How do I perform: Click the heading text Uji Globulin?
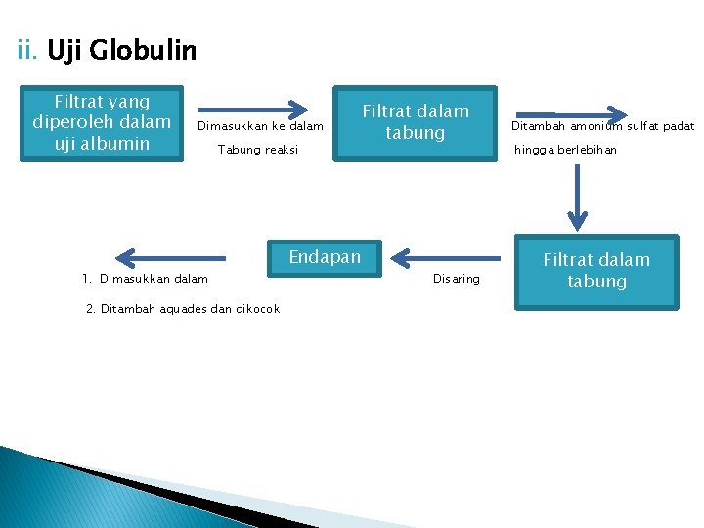coord(121,50)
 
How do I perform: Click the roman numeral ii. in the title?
coord(28,50)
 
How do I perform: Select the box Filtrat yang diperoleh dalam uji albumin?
coord(102,122)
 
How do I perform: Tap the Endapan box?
coord(325,258)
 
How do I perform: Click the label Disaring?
coord(457,280)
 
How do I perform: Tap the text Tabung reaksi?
coord(257,150)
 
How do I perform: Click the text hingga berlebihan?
coord(566,150)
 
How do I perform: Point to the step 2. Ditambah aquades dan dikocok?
coord(183,309)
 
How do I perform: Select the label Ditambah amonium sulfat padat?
coord(602,126)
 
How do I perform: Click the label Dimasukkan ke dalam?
coord(260,126)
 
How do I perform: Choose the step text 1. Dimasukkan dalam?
coord(146,280)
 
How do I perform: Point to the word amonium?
coord(597,126)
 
